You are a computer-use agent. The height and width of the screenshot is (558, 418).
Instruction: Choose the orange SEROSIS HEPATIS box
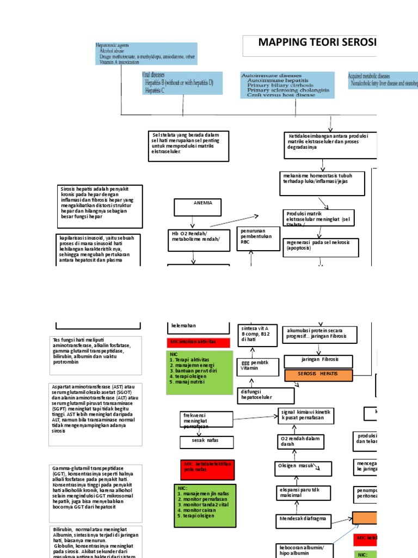318,375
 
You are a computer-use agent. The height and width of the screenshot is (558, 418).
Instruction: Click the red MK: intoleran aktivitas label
198,342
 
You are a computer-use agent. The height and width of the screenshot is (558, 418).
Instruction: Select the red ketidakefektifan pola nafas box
206,468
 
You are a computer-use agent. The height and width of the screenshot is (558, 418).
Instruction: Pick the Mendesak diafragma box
304,519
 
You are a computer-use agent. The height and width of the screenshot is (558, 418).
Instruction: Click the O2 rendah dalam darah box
299,441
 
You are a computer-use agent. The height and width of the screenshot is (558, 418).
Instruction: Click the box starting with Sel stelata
188,146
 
